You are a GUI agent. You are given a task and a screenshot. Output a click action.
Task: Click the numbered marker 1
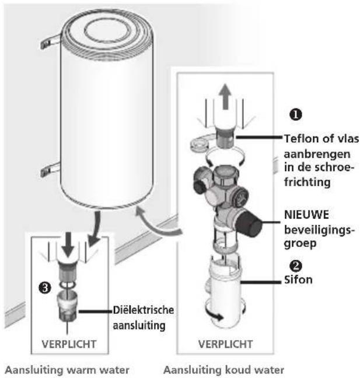pyautogui.click(x=296, y=114)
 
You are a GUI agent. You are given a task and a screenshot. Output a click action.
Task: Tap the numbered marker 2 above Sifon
pyautogui.click(x=296, y=265)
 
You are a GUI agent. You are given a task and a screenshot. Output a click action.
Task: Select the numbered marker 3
pyautogui.click(x=45, y=288)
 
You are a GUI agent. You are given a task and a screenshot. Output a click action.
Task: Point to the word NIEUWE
pyautogui.click(x=306, y=215)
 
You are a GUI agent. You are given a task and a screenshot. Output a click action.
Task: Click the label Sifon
pyautogui.click(x=298, y=279)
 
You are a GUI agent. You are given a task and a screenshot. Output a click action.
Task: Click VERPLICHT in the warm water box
pyautogui.click(x=69, y=344)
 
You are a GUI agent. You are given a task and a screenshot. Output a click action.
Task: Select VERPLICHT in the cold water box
pyautogui.click(x=225, y=344)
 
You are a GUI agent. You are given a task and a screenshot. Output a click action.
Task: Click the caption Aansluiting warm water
pyautogui.click(x=67, y=370)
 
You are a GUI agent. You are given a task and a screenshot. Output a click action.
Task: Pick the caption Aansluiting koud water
pyautogui.click(x=224, y=370)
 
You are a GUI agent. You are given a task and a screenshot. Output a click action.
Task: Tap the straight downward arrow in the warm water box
pyautogui.click(x=68, y=244)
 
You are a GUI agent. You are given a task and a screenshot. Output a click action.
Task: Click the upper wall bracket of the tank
pyautogui.click(x=50, y=42)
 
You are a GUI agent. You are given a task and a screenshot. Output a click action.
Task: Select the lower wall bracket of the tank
pyautogui.click(x=50, y=170)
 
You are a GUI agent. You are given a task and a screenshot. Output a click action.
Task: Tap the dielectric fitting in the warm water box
pyautogui.click(x=68, y=306)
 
